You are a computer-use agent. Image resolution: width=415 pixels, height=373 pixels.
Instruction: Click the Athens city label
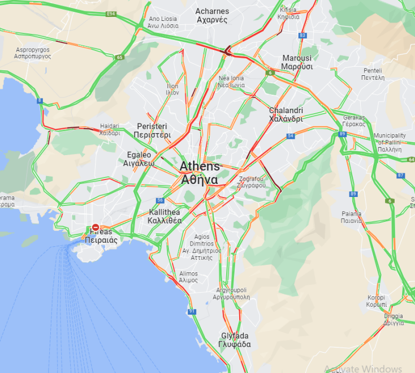(x=199, y=173)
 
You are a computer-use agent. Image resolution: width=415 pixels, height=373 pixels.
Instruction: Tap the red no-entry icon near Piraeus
(x=96, y=226)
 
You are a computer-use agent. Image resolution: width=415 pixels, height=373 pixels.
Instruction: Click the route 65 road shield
(x=119, y=57)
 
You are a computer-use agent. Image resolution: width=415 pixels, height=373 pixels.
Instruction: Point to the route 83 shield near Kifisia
(x=302, y=36)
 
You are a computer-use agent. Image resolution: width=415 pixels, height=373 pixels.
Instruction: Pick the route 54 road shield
(x=291, y=136)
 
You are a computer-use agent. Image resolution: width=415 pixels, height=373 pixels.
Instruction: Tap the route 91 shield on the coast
(x=192, y=311)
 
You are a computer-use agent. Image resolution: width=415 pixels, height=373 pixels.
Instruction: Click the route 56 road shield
(x=161, y=200)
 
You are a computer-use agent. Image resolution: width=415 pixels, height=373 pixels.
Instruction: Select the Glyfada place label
(x=235, y=340)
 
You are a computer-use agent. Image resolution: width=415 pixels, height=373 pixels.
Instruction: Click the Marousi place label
(x=297, y=62)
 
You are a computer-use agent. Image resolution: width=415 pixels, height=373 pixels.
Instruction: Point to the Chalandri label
(x=286, y=115)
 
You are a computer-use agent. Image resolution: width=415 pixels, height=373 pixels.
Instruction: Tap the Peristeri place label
(x=152, y=130)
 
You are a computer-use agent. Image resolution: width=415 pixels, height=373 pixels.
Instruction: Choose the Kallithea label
(x=165, y=216)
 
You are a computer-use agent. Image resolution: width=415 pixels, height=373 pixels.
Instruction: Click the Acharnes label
(x=211, y=15)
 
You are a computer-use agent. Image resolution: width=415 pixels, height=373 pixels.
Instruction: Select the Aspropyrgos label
(x=32, y=53)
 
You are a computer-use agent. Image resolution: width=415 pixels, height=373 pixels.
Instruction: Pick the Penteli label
(x=373, y=74)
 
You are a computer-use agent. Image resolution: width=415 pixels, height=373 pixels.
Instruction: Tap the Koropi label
(x=376, y=301)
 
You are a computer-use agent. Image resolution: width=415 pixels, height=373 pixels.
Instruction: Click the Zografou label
(x=252, y=182)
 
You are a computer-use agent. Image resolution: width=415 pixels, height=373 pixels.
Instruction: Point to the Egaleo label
(x=139, y=158)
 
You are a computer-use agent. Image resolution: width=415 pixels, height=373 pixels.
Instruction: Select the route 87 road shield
(x=401, y=175)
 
